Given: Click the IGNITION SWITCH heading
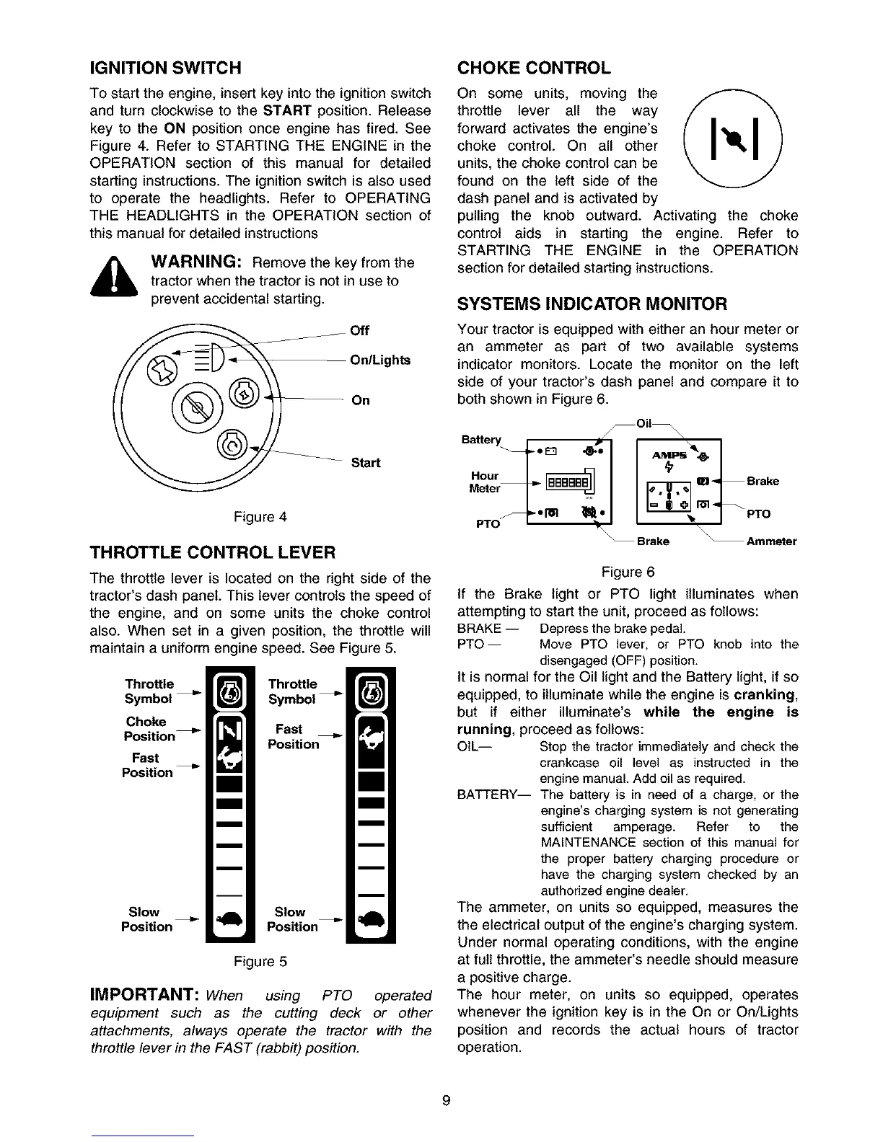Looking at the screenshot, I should (x=164, y=68).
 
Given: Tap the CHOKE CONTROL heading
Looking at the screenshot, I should (x=534, y=68).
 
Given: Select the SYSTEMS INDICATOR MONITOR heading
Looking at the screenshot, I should (x=592, y=304).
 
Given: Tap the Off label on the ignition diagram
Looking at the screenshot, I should (x=359, y=331).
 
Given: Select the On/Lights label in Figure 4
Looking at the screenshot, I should (x=379, y=360).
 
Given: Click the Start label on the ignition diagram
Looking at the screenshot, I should (x=365, y=463).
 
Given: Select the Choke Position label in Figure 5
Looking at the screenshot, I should (x=149, y=729).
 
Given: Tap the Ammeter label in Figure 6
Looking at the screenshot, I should (x=771, y=541).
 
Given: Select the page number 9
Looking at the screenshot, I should (x=446, y=1100).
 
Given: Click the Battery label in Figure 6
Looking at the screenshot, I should (x=480, y=440).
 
